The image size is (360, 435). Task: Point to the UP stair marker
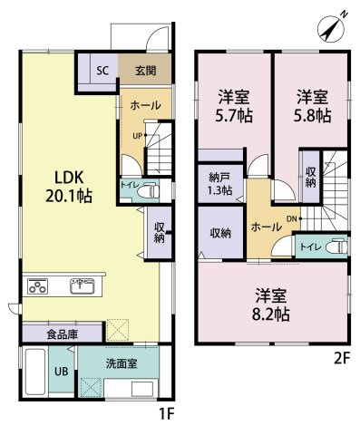pos(137,136)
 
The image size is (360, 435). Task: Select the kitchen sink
pos(79,288)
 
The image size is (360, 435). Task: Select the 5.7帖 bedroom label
pos(234,105)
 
